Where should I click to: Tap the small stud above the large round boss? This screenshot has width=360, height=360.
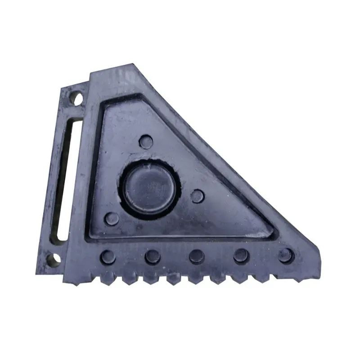[145, 142]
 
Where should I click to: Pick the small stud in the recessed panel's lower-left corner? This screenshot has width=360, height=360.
[112, 219]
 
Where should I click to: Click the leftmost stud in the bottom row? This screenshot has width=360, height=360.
[108, 257]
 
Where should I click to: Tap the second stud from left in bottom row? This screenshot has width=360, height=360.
[153, 257]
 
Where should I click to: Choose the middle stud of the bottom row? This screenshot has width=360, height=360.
[197, 256]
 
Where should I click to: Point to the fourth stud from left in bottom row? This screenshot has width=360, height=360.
[241, 256]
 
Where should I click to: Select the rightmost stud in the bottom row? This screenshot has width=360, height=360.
[286, 256]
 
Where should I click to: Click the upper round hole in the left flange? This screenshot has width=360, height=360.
[77, 98]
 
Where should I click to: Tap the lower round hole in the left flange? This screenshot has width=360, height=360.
[54, 259]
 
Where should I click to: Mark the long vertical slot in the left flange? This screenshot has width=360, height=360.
[63, 180]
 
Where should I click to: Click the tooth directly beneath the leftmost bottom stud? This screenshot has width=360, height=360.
[107, 279]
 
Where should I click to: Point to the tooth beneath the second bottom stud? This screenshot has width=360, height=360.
[151, 279]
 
